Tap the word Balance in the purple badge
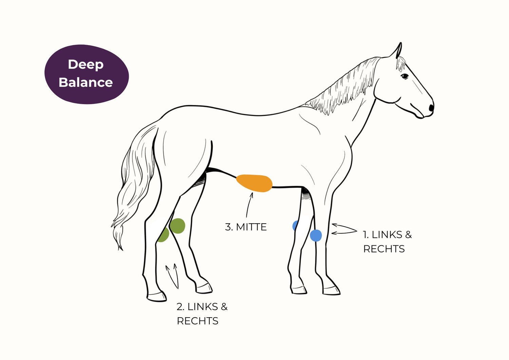click(86, 82)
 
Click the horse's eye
click(404, 76)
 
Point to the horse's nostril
click(431, 108)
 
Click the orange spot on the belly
click(254, 183)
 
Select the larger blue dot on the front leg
click(316, 235)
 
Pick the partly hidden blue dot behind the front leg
click(295, 226)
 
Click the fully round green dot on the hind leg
click(177, 226)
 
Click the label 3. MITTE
click(246, 227)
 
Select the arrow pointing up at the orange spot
click(249, 205)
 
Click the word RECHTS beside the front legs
click(384, 249)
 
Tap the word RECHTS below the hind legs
click(197, 321)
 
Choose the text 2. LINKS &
click(202, 307)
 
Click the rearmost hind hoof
click(157, 297)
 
